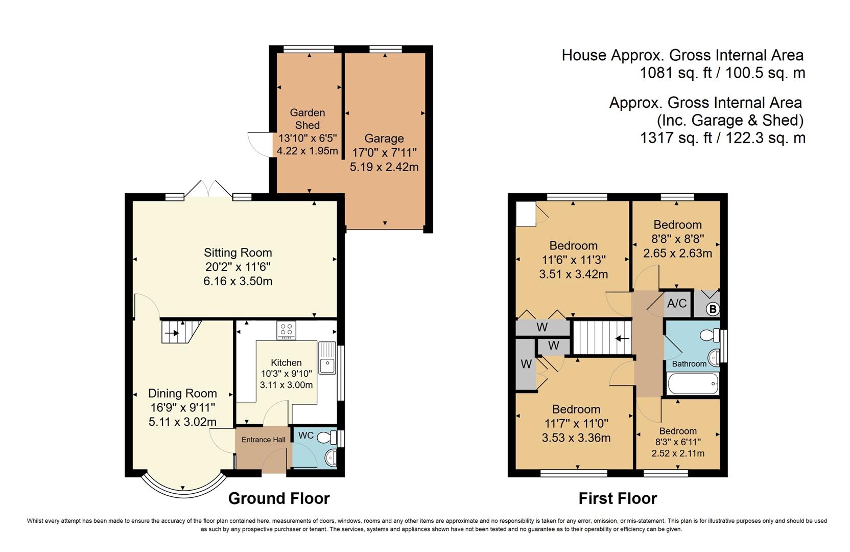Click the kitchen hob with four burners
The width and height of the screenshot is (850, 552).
286,330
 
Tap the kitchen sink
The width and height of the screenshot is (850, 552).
326,365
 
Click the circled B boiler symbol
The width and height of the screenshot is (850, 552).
713,309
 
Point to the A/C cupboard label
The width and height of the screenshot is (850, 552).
677,304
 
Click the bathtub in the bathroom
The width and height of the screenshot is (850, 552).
693,383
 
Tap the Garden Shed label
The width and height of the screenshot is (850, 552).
307,119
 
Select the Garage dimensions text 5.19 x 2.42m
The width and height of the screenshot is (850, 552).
384,167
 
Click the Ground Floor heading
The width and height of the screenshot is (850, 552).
278,498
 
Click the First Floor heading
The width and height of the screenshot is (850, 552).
618,498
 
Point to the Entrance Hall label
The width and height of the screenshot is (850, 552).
263,440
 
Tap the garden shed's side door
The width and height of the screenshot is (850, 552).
259,144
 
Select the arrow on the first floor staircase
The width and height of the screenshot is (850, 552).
622,338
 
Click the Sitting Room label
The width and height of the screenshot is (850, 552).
238,252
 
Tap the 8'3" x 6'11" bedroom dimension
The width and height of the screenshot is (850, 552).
678,442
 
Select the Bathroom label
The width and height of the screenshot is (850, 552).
689,364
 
